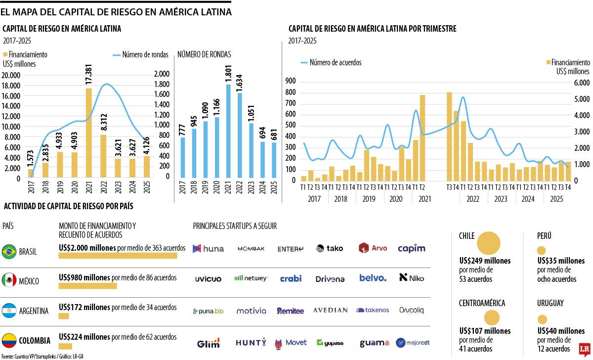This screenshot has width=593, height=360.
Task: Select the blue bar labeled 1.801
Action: [228, 131]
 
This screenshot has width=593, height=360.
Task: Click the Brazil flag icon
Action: [9, 251]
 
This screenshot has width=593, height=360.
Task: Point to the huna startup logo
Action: [208, 248]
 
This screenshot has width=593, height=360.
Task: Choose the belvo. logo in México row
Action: [373, 278]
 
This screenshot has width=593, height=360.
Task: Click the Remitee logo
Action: [290, 311]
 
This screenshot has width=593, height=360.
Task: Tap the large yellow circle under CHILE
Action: [488, 243]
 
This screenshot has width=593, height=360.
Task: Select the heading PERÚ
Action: [545, 235]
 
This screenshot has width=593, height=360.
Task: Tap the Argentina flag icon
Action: [9, 311]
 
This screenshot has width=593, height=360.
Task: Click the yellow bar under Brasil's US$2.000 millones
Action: [118, 256]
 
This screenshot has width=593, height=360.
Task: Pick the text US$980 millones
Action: [84, 277]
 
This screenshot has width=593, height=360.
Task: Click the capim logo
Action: [411, 248]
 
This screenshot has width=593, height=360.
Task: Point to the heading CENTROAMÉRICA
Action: [489, 303]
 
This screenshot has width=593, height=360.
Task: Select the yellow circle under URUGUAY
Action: [542, 319]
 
